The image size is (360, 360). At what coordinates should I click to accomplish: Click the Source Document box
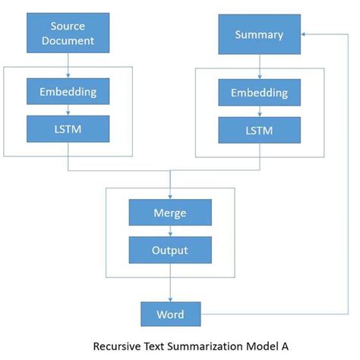(x=68, y=33)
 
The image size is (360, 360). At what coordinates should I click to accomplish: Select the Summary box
(x=259, y=35)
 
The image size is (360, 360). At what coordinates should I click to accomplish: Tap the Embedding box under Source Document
(x=68, y=92)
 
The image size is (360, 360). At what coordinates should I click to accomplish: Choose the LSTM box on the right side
(x=259, y=130)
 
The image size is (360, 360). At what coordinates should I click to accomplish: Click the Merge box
(x=169, y=213)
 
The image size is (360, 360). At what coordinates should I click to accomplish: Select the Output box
(x=169, y=248)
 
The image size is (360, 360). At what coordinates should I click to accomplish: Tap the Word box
(x=169, y=314)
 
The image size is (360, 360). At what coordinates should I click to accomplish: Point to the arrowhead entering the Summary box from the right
(x=304, y=35)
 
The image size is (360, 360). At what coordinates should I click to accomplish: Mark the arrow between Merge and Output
(x=169, y=231)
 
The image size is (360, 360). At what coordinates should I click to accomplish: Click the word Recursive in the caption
(x=115, y=346)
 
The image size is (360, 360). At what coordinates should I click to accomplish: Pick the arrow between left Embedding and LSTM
(x=68, y=110)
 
